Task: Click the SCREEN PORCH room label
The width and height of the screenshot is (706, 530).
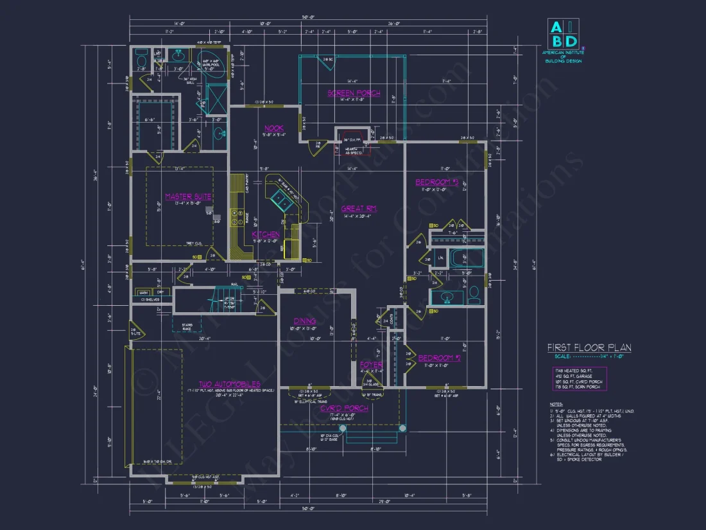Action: pyautogui.click(x=354, y=93)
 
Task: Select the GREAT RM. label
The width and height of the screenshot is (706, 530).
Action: pyautogui.click(x=358, y=208)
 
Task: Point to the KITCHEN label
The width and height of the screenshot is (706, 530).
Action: pyautogui.click(x=266, y=235)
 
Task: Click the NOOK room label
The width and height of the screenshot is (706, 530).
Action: pyautogui.click(x=273, y=128)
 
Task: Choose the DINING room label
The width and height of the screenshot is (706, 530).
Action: pyautogui.click(x=304, y=321)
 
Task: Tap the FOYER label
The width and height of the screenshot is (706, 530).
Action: pyautogui.click(x=371, y=365)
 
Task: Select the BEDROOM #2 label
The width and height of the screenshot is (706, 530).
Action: pyautogui.click(x=439, y=358)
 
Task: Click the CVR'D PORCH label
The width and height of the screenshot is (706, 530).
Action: pyautogui.click(x=345, y=408)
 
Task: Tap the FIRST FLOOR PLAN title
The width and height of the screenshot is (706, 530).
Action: pyautogui.click(x=589, y=348)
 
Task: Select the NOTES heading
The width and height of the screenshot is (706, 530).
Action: pyautogui.click(x=556, y=404)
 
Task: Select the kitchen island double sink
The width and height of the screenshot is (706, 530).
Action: pyautogui.click(x=280, y=200)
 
